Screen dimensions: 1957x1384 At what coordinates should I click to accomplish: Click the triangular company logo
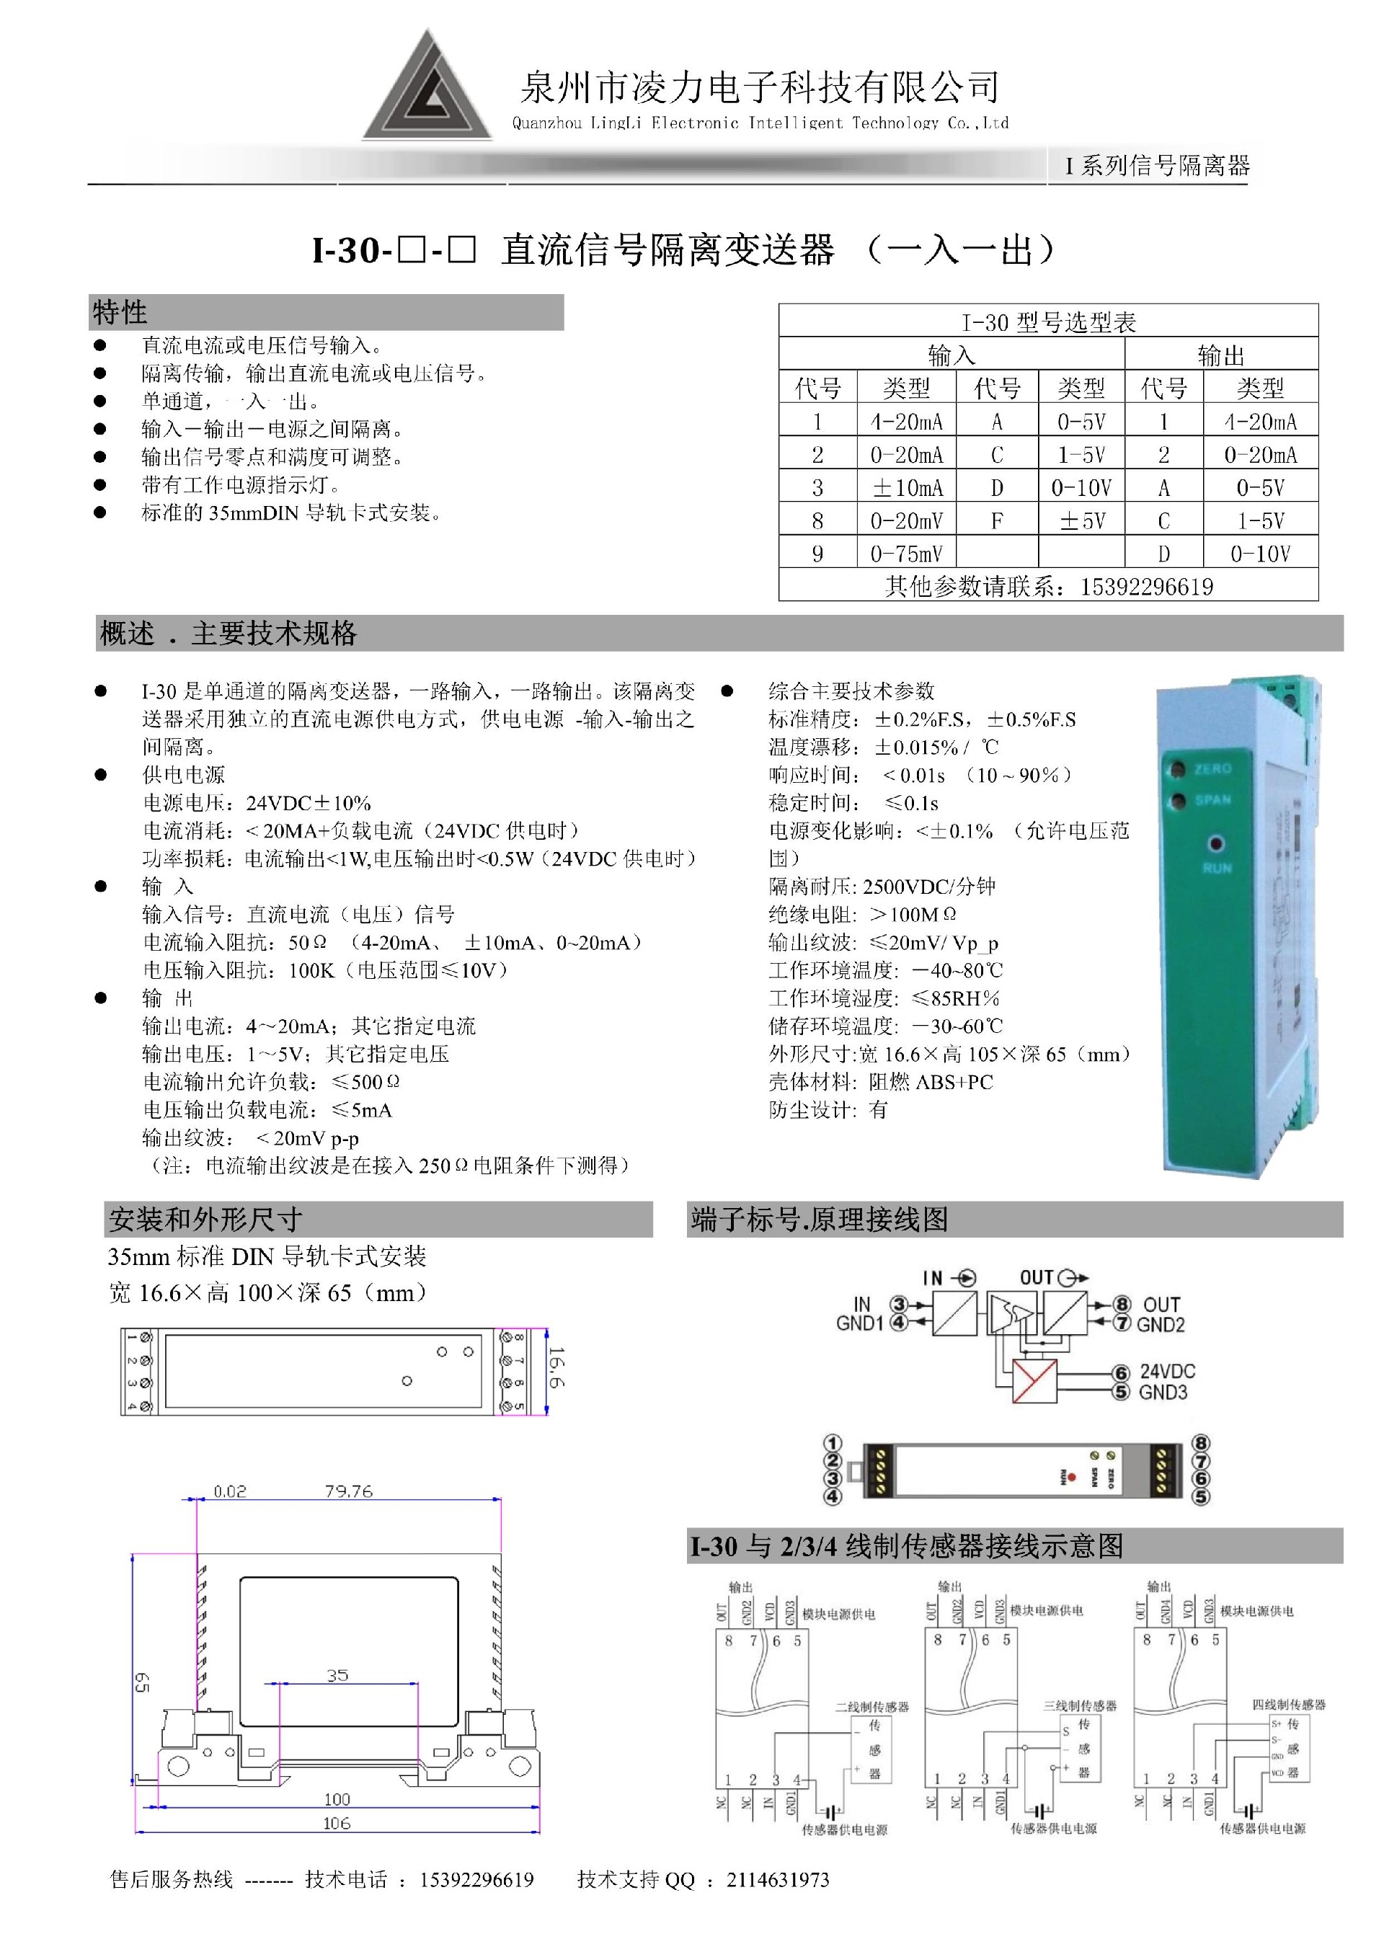tap(427, 90)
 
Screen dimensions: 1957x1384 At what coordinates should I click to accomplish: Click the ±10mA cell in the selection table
tap(906, 487)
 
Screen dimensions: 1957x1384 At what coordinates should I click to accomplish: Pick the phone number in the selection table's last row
tap(1146, 587)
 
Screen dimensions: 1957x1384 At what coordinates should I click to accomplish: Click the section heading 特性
tap(120, 312)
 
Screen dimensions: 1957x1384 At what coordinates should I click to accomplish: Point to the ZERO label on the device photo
tap(1212, 769)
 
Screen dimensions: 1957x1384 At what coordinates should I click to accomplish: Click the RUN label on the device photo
tap(1217, 868)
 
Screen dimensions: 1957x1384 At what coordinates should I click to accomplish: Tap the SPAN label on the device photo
tap(1212, 799)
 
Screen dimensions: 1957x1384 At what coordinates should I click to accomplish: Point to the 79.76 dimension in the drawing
tap(349, 1491)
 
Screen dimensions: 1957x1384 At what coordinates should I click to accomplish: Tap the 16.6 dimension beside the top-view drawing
tap(556, 1367)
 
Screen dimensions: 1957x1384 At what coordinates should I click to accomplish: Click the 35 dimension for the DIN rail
tap(337, 1675)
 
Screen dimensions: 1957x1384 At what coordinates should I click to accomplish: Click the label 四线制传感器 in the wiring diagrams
tap(1289, 1704)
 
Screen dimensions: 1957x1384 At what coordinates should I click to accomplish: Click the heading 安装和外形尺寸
tap(205, 1220)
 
